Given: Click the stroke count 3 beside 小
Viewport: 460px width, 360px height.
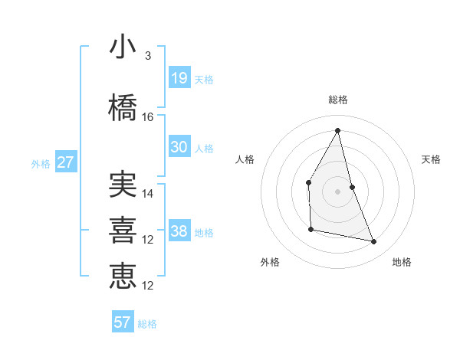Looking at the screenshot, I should [147, 56].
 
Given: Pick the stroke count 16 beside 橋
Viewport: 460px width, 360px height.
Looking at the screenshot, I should [148, 117].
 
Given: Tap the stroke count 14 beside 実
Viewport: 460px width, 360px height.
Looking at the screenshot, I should [148, 194].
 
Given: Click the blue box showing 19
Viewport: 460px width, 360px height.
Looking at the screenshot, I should [179, 77].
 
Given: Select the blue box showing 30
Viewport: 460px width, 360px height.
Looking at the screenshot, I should [179, 147].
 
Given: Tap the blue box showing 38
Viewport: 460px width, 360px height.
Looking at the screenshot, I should [179, 231].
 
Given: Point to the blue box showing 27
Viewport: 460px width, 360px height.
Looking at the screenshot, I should [65, 162].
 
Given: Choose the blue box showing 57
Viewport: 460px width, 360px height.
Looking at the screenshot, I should [123, 322].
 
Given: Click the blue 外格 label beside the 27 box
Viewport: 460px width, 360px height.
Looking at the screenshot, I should [41, 163].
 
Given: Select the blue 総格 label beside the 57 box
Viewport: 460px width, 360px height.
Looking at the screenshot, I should [147, 324].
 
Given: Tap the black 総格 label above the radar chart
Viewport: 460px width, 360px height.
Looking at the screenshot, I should [338, 100].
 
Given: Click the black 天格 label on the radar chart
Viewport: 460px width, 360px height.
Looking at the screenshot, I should [432, 159].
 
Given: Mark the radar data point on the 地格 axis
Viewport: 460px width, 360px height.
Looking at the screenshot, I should [374, 242].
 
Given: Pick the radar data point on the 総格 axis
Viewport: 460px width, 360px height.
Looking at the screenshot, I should [338, 130].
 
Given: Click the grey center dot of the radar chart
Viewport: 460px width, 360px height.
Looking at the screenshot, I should [338, 191].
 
